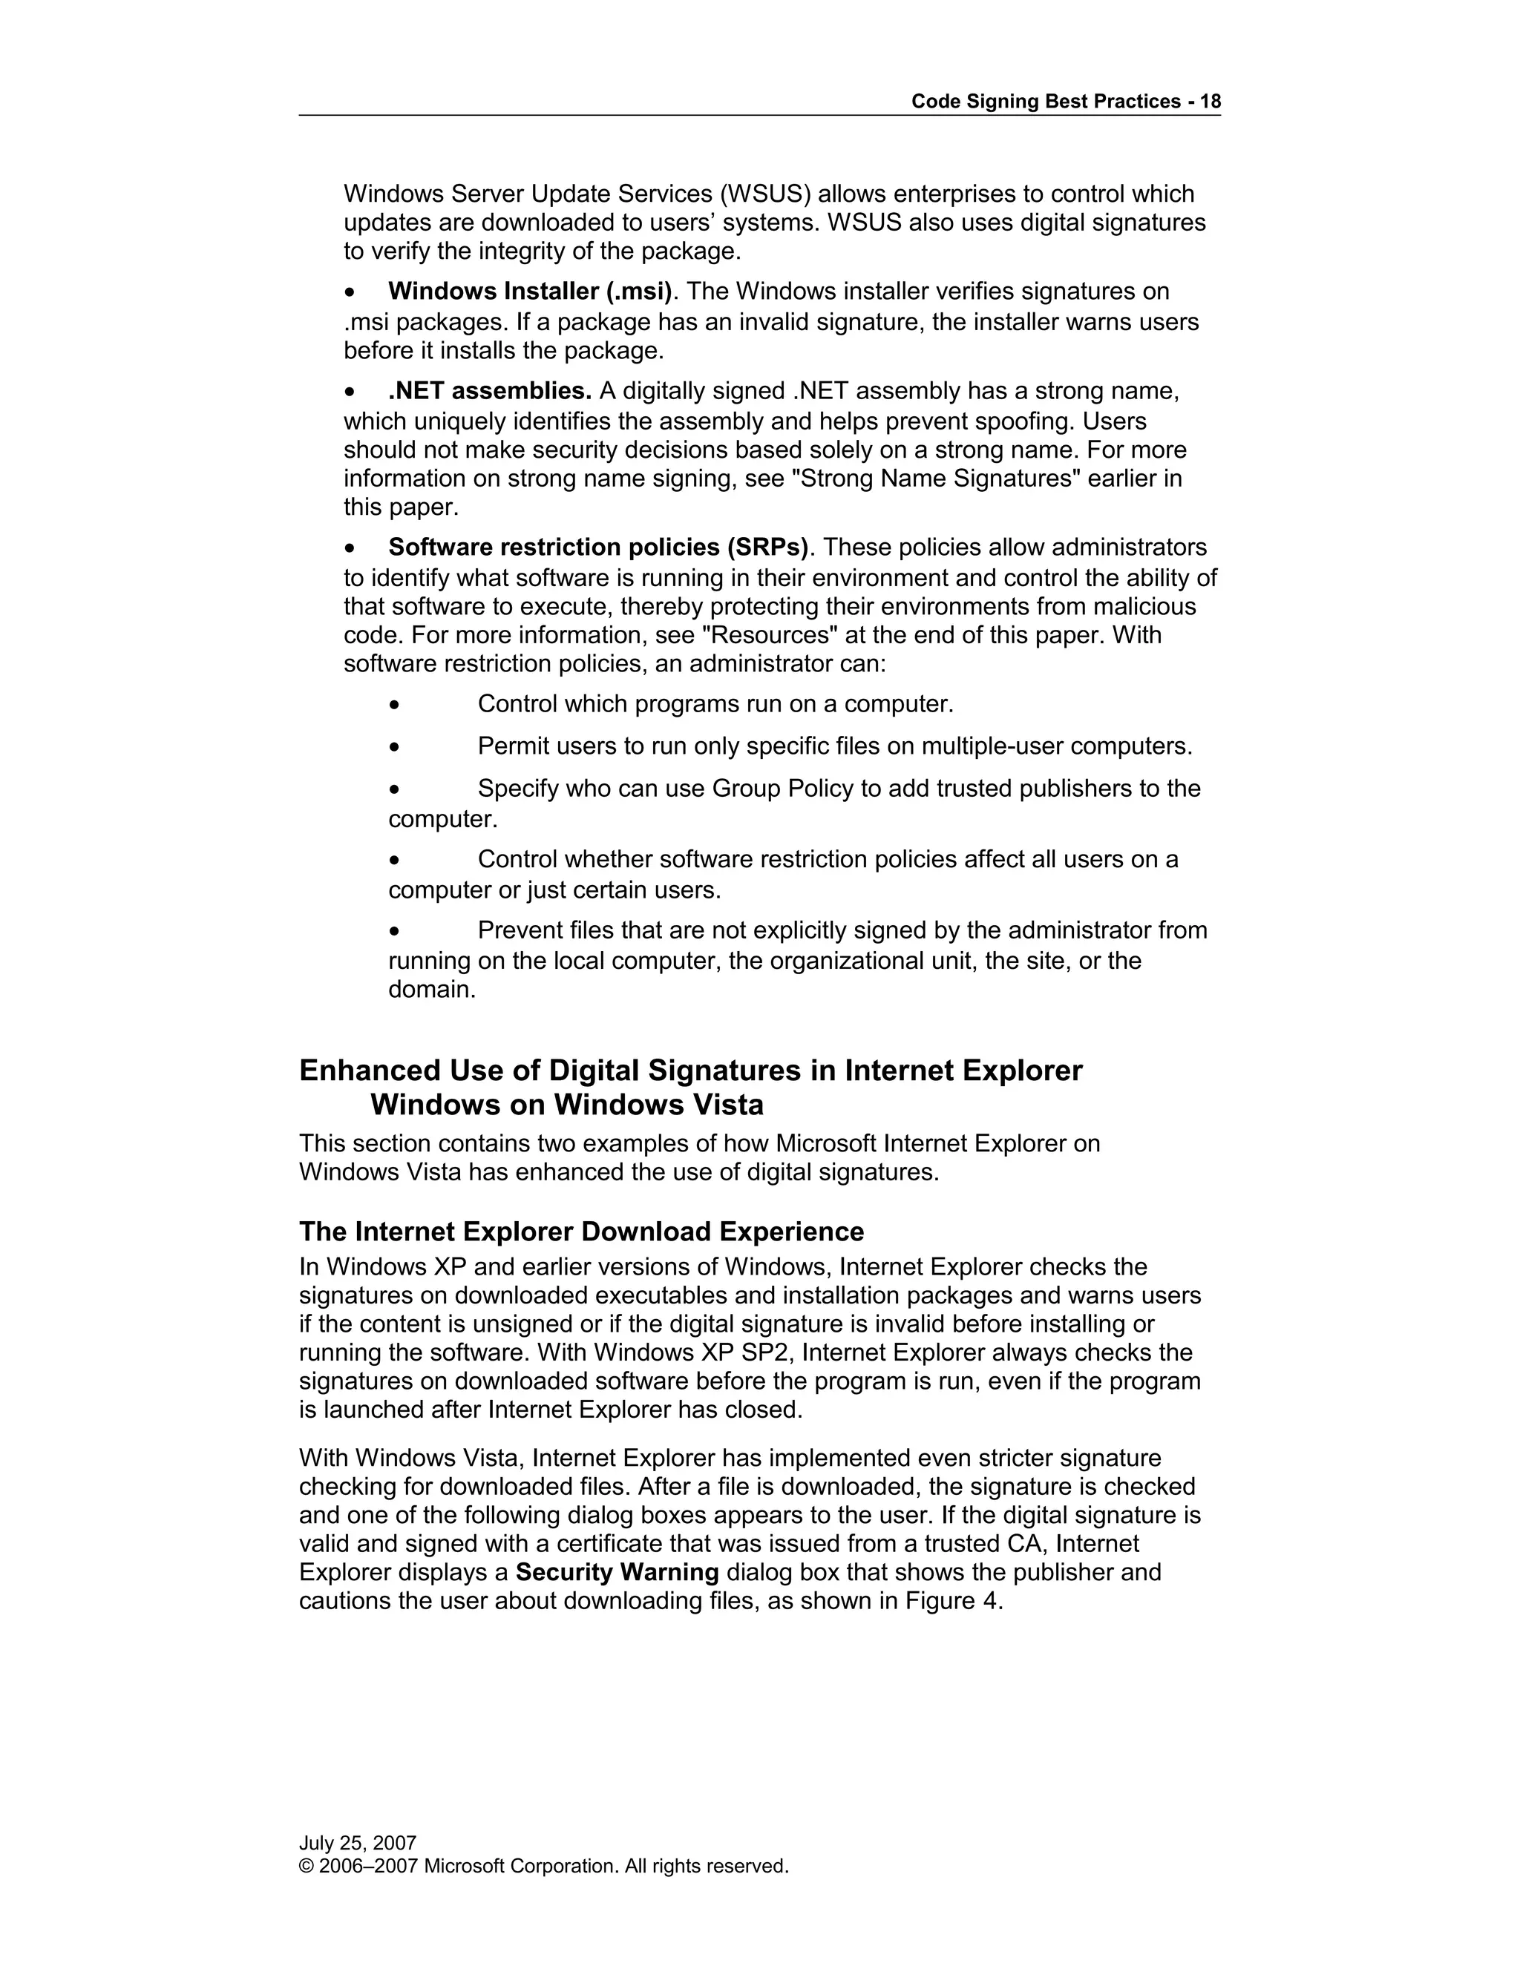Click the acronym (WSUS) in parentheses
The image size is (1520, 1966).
pos(764,194)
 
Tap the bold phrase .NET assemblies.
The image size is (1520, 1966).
pos(489,392)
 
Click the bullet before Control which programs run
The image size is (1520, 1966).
pos(394,705)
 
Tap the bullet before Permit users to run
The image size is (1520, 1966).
pos(394,747)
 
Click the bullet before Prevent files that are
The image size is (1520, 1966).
pos(394,931)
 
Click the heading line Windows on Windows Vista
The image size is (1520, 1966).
pos(566,1105)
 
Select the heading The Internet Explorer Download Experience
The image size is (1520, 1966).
pos(581,1232)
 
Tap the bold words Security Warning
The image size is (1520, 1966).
pos(617,1572)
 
